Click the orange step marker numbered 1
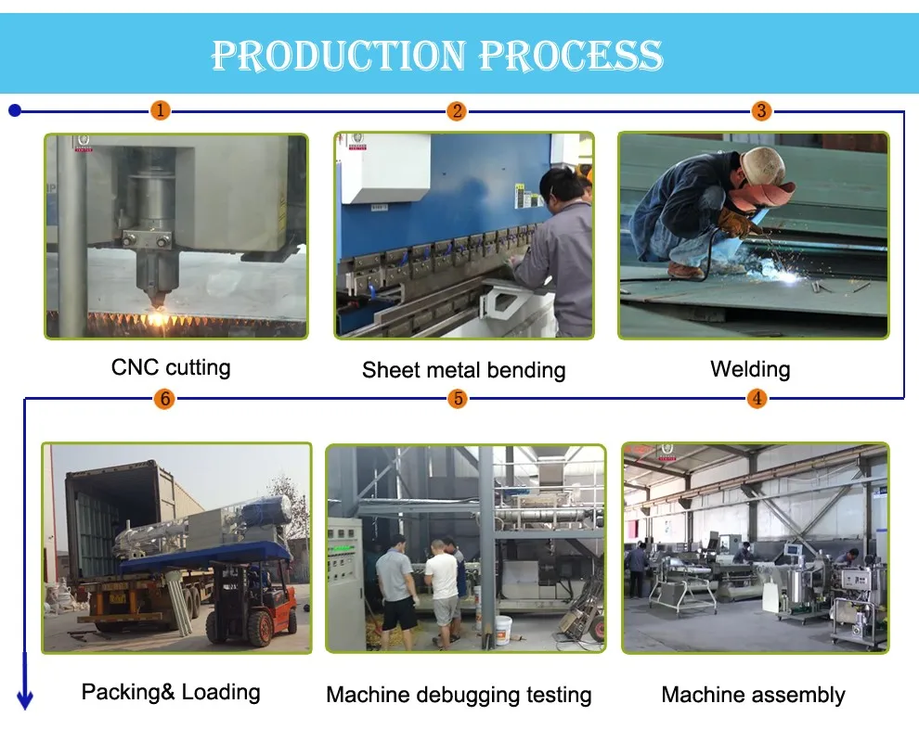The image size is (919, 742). tap(160, 110)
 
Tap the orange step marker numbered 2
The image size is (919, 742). tap(457, 110)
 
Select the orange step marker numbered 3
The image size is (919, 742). tap(761, 110)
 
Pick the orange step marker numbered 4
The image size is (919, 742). tap(757, 399)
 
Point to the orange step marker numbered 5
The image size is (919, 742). tap(458, 399)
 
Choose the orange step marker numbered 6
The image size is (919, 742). tap(164, 399)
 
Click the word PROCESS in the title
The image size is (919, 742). tap(572, 56)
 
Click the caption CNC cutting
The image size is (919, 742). tap(171, 368)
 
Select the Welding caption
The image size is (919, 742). tap(750, 369)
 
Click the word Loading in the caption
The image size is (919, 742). tap(220, 692)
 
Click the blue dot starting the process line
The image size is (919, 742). tap(15, 110)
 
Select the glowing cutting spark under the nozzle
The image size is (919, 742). tap(156, 318)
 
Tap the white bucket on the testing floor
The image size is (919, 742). tap(503, 630)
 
